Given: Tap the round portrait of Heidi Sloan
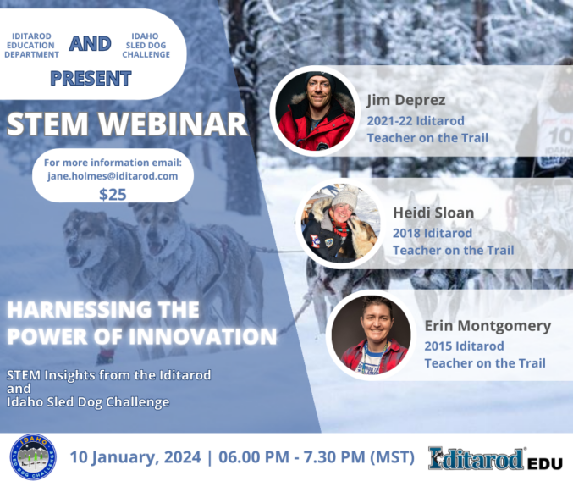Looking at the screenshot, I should (x=340, y=223).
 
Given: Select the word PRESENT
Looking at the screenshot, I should (x=91, y=79).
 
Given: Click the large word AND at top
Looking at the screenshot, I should (x=91, y=44).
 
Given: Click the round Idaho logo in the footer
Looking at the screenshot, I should (x=33, y=456).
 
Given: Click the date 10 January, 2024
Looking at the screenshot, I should (x=135, y=457).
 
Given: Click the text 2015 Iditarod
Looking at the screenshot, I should (x=464, y=346).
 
